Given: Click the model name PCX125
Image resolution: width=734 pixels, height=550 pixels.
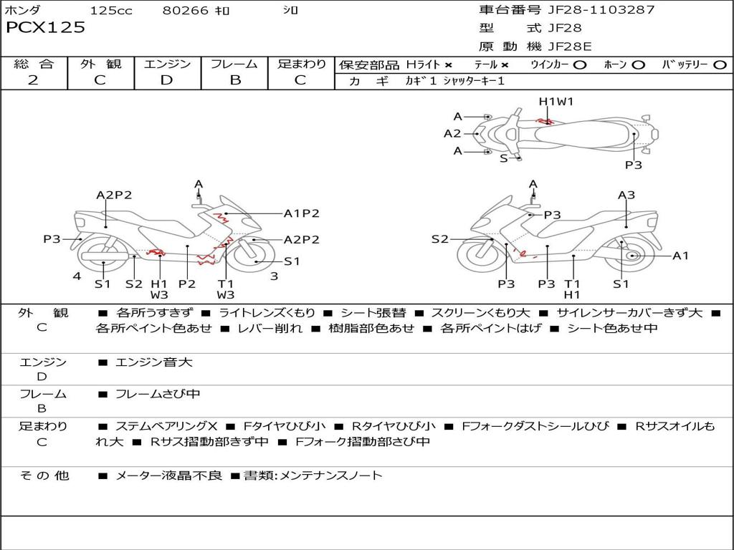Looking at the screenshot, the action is tap(46, 28).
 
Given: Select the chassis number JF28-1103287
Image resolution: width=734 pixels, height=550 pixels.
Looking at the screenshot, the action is tap(591, 10).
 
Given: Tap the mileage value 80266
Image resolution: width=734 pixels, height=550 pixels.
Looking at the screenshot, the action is tap(185, 11).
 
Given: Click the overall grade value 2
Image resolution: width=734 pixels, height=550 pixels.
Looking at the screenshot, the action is tap(33, 80).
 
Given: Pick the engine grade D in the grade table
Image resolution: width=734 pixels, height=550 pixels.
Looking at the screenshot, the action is tap(166, 80).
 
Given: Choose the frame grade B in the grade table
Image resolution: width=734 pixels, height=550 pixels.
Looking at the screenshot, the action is tap(234, 80).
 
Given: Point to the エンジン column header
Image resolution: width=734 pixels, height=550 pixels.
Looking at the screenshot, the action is tap(167, 64).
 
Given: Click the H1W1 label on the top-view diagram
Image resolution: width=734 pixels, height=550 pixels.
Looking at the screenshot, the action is tap(556, 102).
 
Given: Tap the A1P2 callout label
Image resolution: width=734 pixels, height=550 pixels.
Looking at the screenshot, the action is tap(301, 213).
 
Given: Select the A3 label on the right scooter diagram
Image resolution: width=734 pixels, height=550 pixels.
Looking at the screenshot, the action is tap(626, 195).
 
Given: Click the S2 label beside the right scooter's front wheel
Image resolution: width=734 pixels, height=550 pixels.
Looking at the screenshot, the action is tap(439, 239).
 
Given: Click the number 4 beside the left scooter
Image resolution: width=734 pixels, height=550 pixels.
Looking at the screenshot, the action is tap(77, 276).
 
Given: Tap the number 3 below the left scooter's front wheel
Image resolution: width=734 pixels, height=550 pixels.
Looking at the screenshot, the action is tap(274, 276).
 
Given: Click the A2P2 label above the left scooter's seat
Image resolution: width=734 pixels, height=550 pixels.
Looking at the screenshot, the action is tap(114, 195).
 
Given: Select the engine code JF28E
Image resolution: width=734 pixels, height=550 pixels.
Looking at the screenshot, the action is tap(569, 47).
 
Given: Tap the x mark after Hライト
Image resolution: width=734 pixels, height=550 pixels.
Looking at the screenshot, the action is tap(448, 64).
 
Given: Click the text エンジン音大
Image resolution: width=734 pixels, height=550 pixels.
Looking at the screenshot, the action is tap(154, 362).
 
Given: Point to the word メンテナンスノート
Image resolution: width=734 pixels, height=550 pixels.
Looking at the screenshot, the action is tap(336, 475).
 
